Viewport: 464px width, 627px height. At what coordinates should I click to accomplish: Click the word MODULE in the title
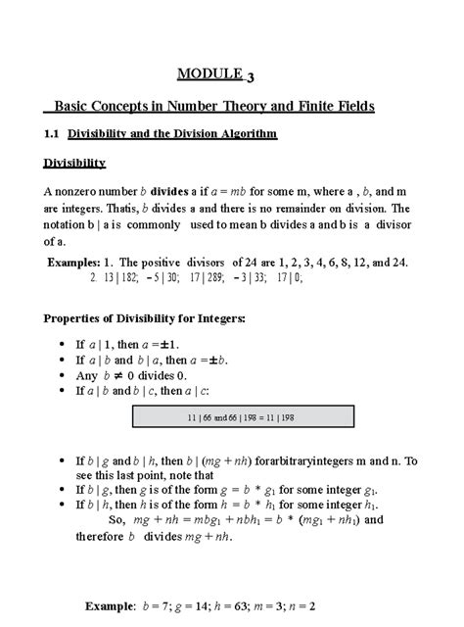(x=208, y=72)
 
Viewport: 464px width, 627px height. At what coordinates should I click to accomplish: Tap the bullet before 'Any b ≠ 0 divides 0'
(x=51, y=374)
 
